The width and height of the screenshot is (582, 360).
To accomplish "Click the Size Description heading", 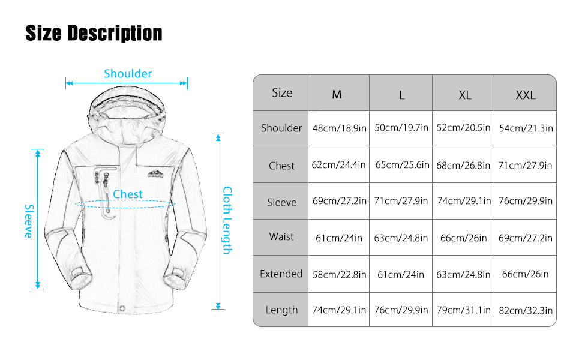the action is tap(94, 33).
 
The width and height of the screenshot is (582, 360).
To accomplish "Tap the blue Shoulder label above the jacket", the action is tap(128, 74).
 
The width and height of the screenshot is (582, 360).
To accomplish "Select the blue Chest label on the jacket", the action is tap(128, 194).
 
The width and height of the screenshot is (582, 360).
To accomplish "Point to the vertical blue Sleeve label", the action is tap(28, 221).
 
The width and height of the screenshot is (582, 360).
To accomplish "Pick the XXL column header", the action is tap(525, 95).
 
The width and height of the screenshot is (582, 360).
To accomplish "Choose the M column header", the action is tap(337, 95).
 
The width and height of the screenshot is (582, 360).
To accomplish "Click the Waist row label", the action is tap(281, 236).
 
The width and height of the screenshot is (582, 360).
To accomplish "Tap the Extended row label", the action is tap(281, 274).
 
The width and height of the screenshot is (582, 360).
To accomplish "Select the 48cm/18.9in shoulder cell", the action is tap(339, 128).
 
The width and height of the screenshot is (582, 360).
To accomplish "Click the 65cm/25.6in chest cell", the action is tap(402, 165).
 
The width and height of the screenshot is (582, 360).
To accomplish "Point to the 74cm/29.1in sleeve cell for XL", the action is tap(464, 201).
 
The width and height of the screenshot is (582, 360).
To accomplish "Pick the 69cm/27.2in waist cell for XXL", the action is tap(526, 238).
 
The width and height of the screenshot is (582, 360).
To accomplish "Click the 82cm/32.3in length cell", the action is tap(526, 310).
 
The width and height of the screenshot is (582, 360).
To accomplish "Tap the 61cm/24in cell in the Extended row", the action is tap(401, 274).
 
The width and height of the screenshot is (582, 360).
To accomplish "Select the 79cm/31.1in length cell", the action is tap(464, 310).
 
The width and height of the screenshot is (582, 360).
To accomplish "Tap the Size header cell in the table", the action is tap(281, 93).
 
